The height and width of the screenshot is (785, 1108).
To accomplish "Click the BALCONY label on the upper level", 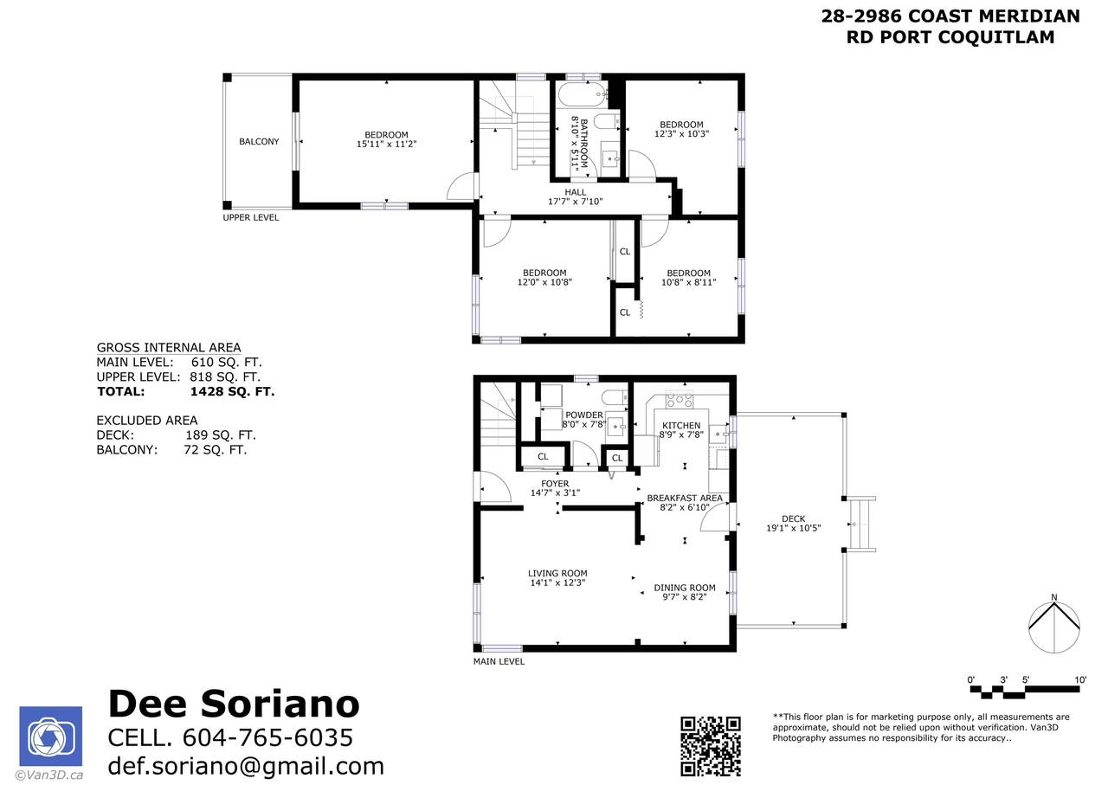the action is click(259, 141).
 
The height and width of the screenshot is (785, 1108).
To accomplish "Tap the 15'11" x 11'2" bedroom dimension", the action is click(386, 144).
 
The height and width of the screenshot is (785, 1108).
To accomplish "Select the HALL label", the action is click(576, 192).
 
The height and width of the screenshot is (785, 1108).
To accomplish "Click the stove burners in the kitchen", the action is click(680, 399).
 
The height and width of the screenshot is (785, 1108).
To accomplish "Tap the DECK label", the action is click(794, 518).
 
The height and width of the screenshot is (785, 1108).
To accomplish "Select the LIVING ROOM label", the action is click(557, 573).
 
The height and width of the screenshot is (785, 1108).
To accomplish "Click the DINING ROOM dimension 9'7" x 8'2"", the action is click(685, 596).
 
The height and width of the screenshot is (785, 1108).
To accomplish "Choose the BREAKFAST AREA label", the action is click(685, 499).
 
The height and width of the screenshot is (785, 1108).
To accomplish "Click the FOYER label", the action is click(555, 483).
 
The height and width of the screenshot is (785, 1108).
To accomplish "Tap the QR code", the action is click(711, 746).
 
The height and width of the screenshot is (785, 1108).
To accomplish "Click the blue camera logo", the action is click(50, 736).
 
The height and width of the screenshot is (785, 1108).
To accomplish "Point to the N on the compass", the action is click(1053, 597).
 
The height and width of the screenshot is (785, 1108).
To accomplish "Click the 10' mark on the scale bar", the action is click(1080, 680).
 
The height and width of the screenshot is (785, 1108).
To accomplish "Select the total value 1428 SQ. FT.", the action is click(232, 392).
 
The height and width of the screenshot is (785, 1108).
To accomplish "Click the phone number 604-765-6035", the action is click(267, 737).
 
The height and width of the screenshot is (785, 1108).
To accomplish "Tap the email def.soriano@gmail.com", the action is click(246, 766).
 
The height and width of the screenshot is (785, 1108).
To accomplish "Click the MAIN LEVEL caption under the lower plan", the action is click(499, 661).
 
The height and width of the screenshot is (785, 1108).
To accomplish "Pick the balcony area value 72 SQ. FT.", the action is click(216, 450).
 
